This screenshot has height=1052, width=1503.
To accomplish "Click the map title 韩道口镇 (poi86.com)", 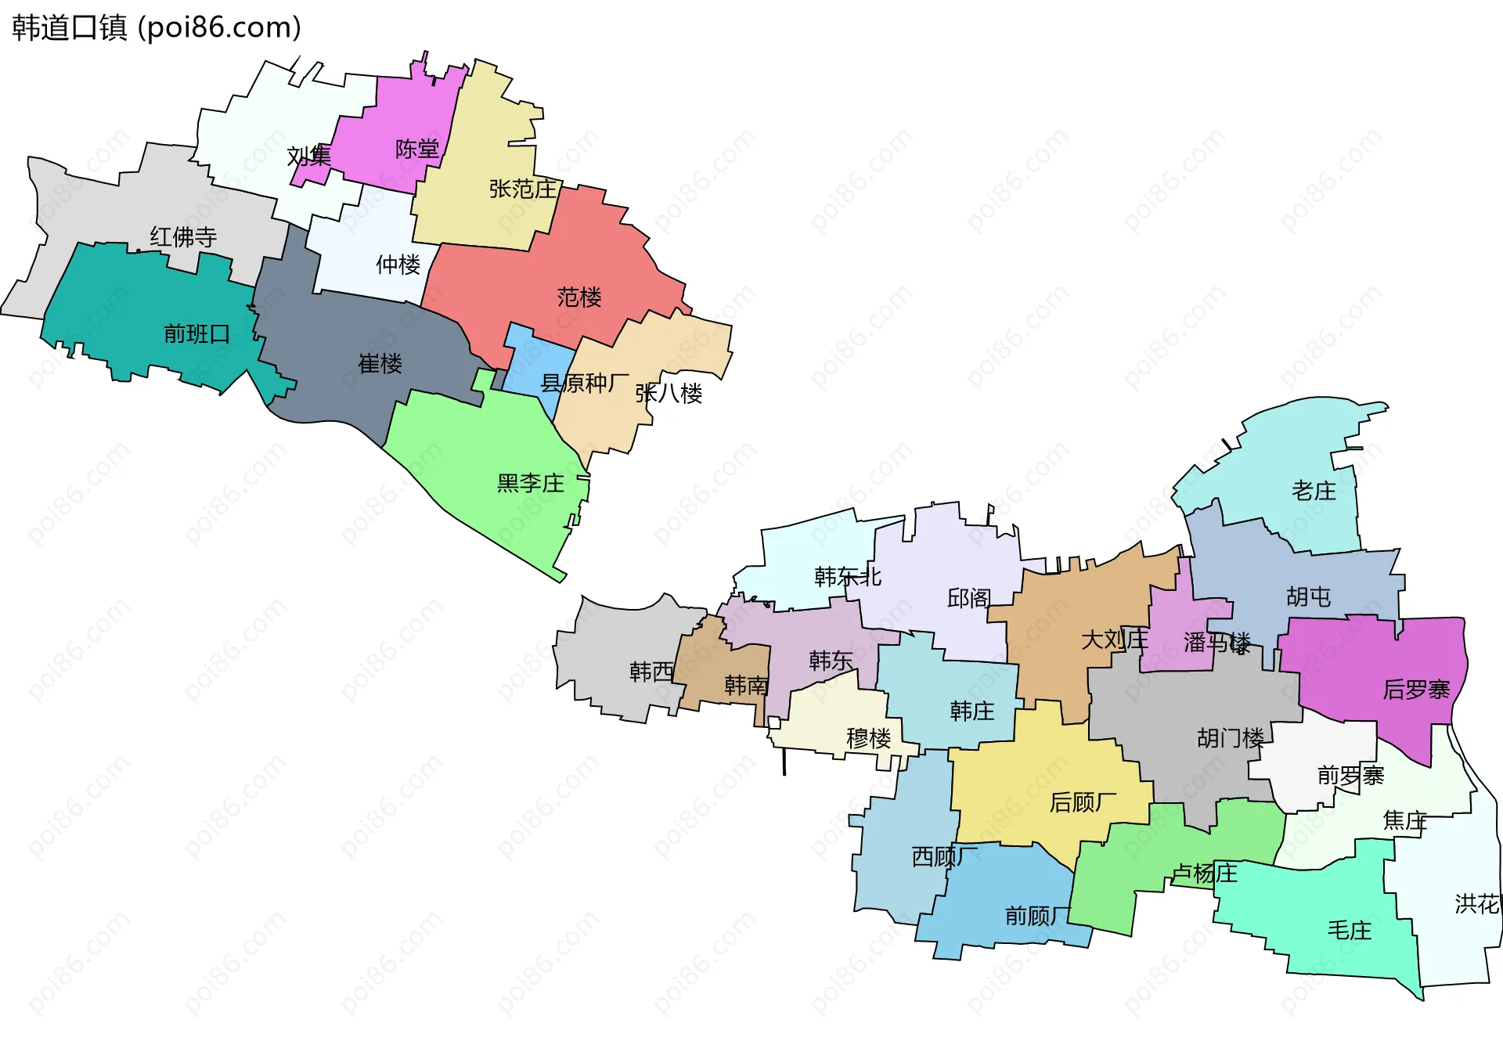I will point(157,28).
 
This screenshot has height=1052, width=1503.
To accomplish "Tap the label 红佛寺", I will point(183,236).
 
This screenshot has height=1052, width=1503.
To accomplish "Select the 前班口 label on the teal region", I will point(196,334).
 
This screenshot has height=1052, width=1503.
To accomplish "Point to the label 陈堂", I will point(416,149).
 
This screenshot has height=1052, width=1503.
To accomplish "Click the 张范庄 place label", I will point(522,189).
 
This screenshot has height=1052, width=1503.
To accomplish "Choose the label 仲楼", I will point(398,265).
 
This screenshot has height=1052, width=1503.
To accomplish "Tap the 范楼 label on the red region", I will point(579,297).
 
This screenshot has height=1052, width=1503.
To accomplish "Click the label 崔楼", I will point(380,363).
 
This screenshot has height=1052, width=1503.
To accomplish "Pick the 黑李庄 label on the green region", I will point(530,483).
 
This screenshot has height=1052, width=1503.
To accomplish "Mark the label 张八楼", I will point(669,393).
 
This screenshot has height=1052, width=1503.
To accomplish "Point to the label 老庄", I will point(1314,491).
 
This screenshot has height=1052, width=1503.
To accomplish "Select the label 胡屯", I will point(1308,597).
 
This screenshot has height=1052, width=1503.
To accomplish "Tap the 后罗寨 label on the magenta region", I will point(1416,690).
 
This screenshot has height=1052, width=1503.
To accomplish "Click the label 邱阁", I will point(968,599).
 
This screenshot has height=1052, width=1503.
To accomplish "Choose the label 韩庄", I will point(971,711).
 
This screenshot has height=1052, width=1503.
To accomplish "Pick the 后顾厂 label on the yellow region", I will point(1083,802).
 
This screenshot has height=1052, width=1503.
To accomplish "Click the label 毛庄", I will point(1349,930).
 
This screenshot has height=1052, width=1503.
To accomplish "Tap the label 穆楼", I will point(868,738).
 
